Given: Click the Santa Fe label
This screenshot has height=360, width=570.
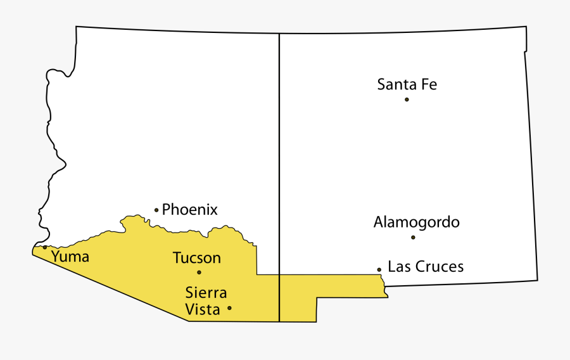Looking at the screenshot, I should [407, 84].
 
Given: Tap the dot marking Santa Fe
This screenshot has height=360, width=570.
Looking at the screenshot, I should [407, 100].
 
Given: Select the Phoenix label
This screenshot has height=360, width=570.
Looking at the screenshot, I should [190, 209].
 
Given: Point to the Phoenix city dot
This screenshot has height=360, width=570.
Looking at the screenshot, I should [156, 210].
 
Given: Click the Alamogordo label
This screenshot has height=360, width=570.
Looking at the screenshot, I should [416, 222].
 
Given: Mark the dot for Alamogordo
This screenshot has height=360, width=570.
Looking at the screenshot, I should [413, 238].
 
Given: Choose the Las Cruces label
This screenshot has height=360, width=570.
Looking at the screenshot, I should [426, 267].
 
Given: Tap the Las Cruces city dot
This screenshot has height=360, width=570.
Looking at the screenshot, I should [379, 269].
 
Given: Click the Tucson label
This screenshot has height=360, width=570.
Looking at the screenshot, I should [197, 258].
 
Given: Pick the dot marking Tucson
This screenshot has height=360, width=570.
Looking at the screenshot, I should [199, 273].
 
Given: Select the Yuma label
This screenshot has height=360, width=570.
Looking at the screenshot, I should [70, 257].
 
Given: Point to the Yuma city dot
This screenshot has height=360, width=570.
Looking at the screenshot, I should [45, 247].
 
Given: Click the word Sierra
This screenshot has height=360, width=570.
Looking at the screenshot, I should [206, 293].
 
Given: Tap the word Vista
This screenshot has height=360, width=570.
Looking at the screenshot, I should [202, 309].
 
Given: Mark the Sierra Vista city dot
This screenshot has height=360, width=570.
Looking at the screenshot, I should [229, 308].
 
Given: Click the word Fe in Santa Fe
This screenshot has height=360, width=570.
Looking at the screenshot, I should [429, 84].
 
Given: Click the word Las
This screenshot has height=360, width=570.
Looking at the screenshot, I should [398, 267].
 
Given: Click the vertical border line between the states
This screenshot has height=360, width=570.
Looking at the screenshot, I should [279, 158].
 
